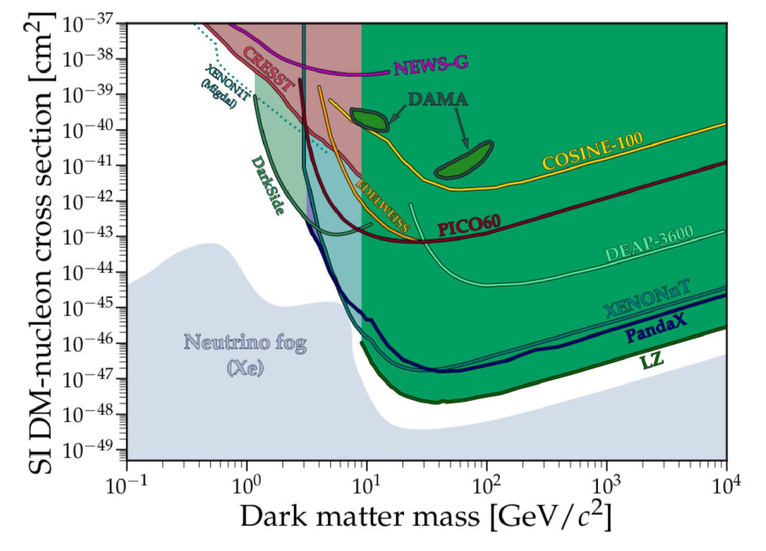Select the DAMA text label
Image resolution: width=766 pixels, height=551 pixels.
tap(438, 99)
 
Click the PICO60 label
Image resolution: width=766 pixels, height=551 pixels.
tap(469, 227)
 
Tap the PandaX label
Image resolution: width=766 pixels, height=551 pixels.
tap(656, 332)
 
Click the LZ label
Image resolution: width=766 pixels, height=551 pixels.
tap(651, 361)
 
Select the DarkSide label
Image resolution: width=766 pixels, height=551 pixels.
tap(268, 186)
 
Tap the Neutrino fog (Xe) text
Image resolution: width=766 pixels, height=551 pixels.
tap(245, 355)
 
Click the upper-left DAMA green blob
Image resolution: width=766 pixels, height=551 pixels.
tap(369, 119)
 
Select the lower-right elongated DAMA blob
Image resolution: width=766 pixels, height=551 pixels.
tap(464, 160)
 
